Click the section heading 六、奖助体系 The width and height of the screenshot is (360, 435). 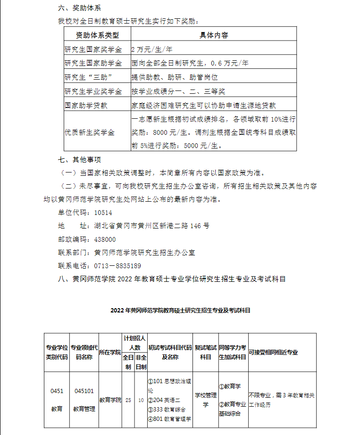click(79, 8)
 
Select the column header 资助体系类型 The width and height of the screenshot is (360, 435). click(97, 35)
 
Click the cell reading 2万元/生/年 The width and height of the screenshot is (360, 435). click(152, 49)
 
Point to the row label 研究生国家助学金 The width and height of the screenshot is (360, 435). click(93, 63)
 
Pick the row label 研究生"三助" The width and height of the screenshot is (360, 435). click(90, 77)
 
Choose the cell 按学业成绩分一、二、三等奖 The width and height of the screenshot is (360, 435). click(178, 91)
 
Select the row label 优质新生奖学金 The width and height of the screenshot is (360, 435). click(90, 132)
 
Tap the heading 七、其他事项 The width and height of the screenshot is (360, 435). click(79, 159)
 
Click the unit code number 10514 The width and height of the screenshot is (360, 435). click(103, 213)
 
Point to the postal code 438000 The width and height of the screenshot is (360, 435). click(105, 239)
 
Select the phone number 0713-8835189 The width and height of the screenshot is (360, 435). click(117, 266)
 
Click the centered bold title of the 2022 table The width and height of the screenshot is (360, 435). click(180, 311)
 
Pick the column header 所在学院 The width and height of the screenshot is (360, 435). click(110, 353)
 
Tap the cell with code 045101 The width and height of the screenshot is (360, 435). click(84, 391)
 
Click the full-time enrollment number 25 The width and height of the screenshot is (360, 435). click(128, 400)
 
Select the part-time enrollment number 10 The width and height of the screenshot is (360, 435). click(141, 400)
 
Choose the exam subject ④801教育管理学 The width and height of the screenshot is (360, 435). click(169, 419)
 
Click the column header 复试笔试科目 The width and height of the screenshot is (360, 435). click(206, 353)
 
